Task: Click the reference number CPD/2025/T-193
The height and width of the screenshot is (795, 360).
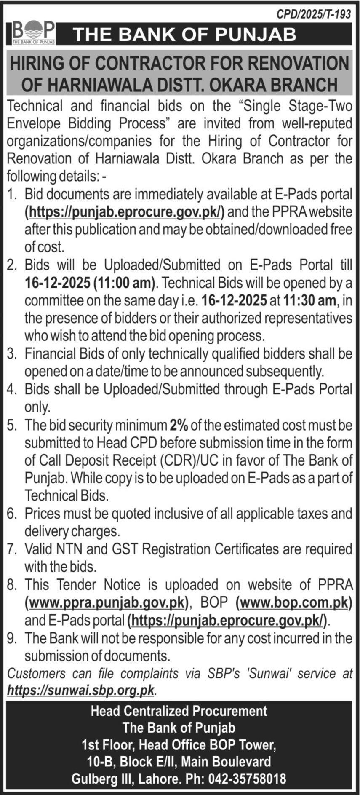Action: click(313, 14)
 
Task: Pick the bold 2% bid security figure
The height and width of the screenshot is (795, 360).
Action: click(179, 425)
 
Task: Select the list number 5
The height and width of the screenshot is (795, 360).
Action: click(11, 425)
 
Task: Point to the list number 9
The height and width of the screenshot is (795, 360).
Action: click(11, 639)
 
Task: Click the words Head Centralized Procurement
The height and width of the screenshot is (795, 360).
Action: click(179, 711)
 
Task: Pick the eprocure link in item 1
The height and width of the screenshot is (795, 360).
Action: click(125, 211)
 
